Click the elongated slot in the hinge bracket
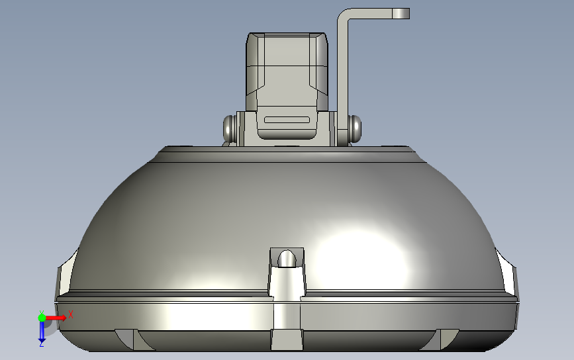287,120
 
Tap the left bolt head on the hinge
230,128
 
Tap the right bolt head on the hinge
354,127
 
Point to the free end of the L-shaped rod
401,13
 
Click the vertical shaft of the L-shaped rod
343,79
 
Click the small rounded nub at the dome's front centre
287,259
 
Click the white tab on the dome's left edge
66,273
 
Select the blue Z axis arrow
41,330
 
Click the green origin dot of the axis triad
42,318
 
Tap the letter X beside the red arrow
70,315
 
